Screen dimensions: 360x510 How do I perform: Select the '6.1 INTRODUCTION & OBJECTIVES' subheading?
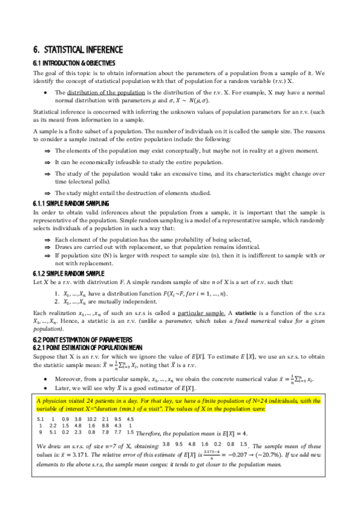pyautogui.click(x=73, y=63)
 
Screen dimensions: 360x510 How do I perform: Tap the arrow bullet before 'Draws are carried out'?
pyautogui.click(x=47, y=246)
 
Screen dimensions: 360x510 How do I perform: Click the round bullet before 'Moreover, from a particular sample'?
pyautogui.click(x=47, y=363)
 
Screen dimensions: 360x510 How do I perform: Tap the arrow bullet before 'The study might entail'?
pyautogui.click(x=47, y=193)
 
